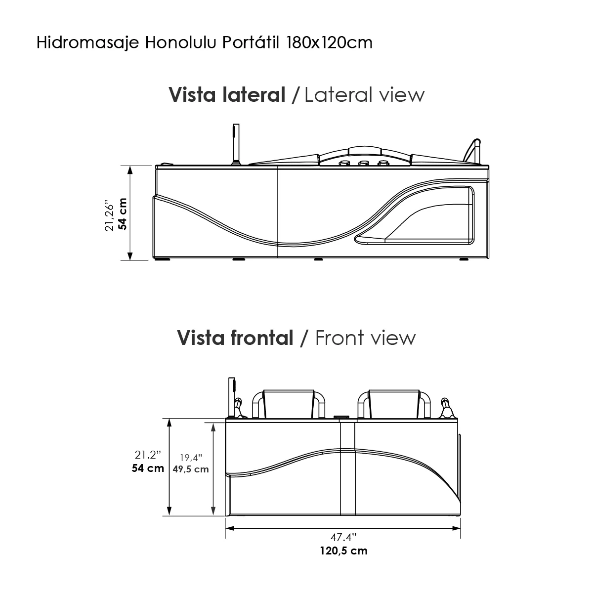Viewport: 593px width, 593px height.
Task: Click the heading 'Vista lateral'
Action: (x=227, y=94)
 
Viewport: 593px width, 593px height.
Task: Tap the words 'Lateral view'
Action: (x=364, y=94)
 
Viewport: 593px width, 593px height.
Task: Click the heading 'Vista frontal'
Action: (x=235, y=338)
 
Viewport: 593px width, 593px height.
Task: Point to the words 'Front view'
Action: (x=365, y=338)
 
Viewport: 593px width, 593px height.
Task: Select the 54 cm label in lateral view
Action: (x=123, y=213)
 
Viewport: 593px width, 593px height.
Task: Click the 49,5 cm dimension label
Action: (x=190, y=469)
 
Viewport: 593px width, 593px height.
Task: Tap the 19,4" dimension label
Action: (x=191, y=457)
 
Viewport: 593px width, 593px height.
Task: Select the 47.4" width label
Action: (x=343, y=537)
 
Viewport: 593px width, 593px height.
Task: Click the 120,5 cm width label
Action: (x=343, y=550)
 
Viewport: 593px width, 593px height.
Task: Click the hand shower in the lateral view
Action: (x=234, y=143)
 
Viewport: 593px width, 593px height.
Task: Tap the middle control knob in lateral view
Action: (x=364, y=164)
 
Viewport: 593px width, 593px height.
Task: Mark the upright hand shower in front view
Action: (x=231, y=398)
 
